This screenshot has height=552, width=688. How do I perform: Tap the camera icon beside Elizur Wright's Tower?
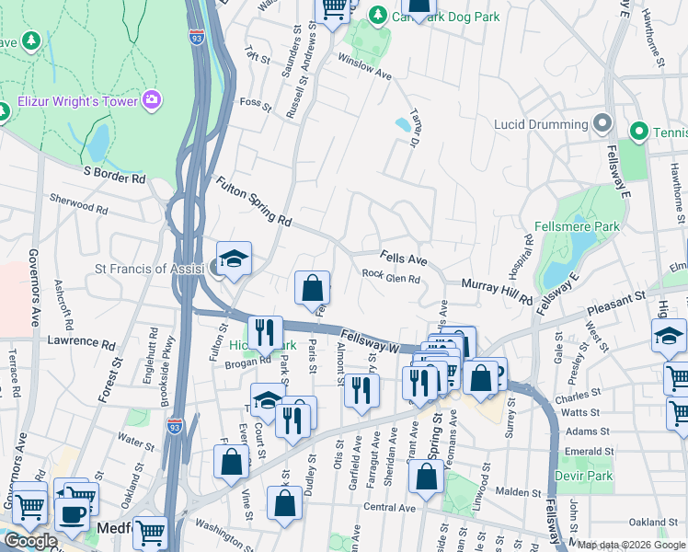click(152, 98)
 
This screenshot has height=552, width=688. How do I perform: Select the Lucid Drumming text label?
click(541, 124)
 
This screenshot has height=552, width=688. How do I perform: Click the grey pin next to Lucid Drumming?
click(602, 123)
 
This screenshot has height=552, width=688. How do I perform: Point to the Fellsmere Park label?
click(577, 226)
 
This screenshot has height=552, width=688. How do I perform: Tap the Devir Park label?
click(583, 476)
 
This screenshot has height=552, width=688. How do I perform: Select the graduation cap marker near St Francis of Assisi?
click(234, 259)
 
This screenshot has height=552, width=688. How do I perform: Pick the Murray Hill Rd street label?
click(497, 293)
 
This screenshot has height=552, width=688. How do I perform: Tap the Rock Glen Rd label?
click(391, 276)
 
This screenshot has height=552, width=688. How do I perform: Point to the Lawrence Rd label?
click(81, 341)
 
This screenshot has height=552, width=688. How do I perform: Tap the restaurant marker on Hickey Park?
click(265, 333)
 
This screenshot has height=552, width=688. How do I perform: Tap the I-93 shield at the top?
click(197, 37)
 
